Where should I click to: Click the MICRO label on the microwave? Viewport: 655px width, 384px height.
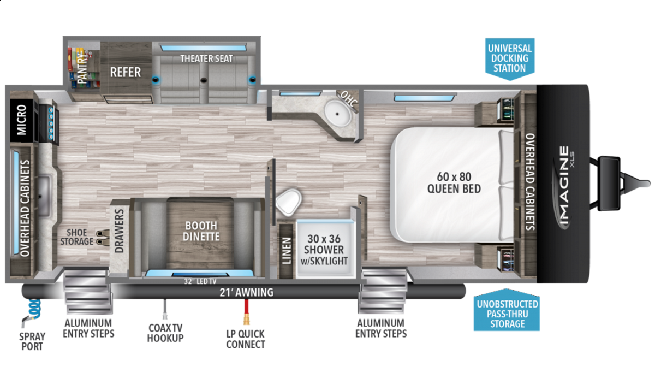coord(22,120)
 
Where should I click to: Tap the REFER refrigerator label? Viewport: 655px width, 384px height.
coord(126,72)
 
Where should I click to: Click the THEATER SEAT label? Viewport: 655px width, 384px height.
coord(206,59)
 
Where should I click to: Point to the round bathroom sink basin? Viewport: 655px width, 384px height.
coord(337,114)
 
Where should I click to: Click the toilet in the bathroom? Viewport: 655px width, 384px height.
coord(289,202)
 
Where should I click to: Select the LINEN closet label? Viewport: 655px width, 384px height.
coord(287,251)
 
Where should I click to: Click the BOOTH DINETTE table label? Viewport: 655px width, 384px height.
coord(201,231)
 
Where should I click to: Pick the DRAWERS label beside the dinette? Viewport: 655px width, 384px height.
coord(120,231)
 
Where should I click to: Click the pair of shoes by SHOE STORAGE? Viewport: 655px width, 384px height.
coord(103,238)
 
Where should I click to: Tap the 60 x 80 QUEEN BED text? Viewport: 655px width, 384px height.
coord(454,183)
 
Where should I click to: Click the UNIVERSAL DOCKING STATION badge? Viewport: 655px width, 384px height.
coord(510,59)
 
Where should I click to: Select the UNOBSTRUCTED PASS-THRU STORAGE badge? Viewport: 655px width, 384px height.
coord(507,311)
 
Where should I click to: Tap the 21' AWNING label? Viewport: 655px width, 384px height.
coord(246,292)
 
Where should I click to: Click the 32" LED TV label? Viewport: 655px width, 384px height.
coord(200,281)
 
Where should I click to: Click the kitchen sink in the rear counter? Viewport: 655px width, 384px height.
coord(44,196)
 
